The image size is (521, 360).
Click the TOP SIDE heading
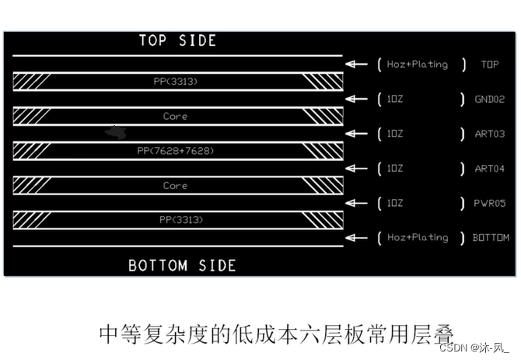(x=177, y=40)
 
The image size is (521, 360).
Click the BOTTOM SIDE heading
(x=182, y=265)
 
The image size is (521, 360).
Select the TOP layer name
(x=490, y=65)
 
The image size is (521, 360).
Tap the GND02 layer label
(x=490, y=100)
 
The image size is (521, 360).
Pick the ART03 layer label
(x=490, y=134)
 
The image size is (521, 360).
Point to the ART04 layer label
(x=490, y=168)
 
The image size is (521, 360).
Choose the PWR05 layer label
(x=490, y=203)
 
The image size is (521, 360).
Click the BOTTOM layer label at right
(x=491, y=237)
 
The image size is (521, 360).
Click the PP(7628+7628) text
(x=175, y=150)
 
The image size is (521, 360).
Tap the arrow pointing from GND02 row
(x=357, y=100)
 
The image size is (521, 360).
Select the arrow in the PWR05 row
(x=357, y=203)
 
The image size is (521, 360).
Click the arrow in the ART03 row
(x=357, y=134)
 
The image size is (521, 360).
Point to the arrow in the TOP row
(x=357, y=65)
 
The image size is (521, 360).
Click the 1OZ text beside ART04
(x=395, y=168)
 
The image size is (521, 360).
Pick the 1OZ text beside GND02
(x=395, y=100)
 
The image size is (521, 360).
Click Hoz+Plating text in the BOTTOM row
(x=418, y=237)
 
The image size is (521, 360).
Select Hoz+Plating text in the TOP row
(x=418, y=65)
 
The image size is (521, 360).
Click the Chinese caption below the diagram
(x=276, y=334)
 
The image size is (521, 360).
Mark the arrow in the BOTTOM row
(x=357, y=237)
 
